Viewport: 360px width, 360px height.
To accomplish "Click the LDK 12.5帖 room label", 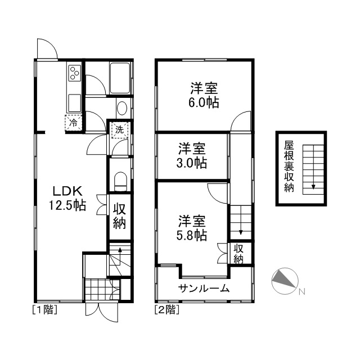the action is [67, 199].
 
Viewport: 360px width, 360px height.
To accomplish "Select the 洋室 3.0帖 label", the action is [192, 156].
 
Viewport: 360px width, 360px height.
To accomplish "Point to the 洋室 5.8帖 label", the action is [192, 228].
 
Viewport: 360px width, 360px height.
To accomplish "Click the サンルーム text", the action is [204, 289].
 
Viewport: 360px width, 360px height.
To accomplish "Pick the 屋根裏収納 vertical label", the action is [289, 166].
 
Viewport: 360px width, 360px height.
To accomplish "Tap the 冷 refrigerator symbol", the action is [74, 123].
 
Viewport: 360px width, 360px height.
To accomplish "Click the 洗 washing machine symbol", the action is [119, 130].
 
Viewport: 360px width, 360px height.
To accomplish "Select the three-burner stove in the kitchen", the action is [75, 73].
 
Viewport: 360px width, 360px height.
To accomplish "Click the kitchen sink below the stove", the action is [75, 102].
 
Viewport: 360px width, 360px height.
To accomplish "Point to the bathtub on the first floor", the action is [120, 78].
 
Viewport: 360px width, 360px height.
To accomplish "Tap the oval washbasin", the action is [121, 108].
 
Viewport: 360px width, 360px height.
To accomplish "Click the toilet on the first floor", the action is [120, 181].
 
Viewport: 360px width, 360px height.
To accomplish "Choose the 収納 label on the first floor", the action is [119, 216].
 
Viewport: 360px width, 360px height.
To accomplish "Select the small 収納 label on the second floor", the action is [238, 254].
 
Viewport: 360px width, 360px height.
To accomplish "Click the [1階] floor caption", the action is [45, 310].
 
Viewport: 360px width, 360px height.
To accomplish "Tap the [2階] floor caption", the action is [167, 310].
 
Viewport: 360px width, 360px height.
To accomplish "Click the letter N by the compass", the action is [302, 292].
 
